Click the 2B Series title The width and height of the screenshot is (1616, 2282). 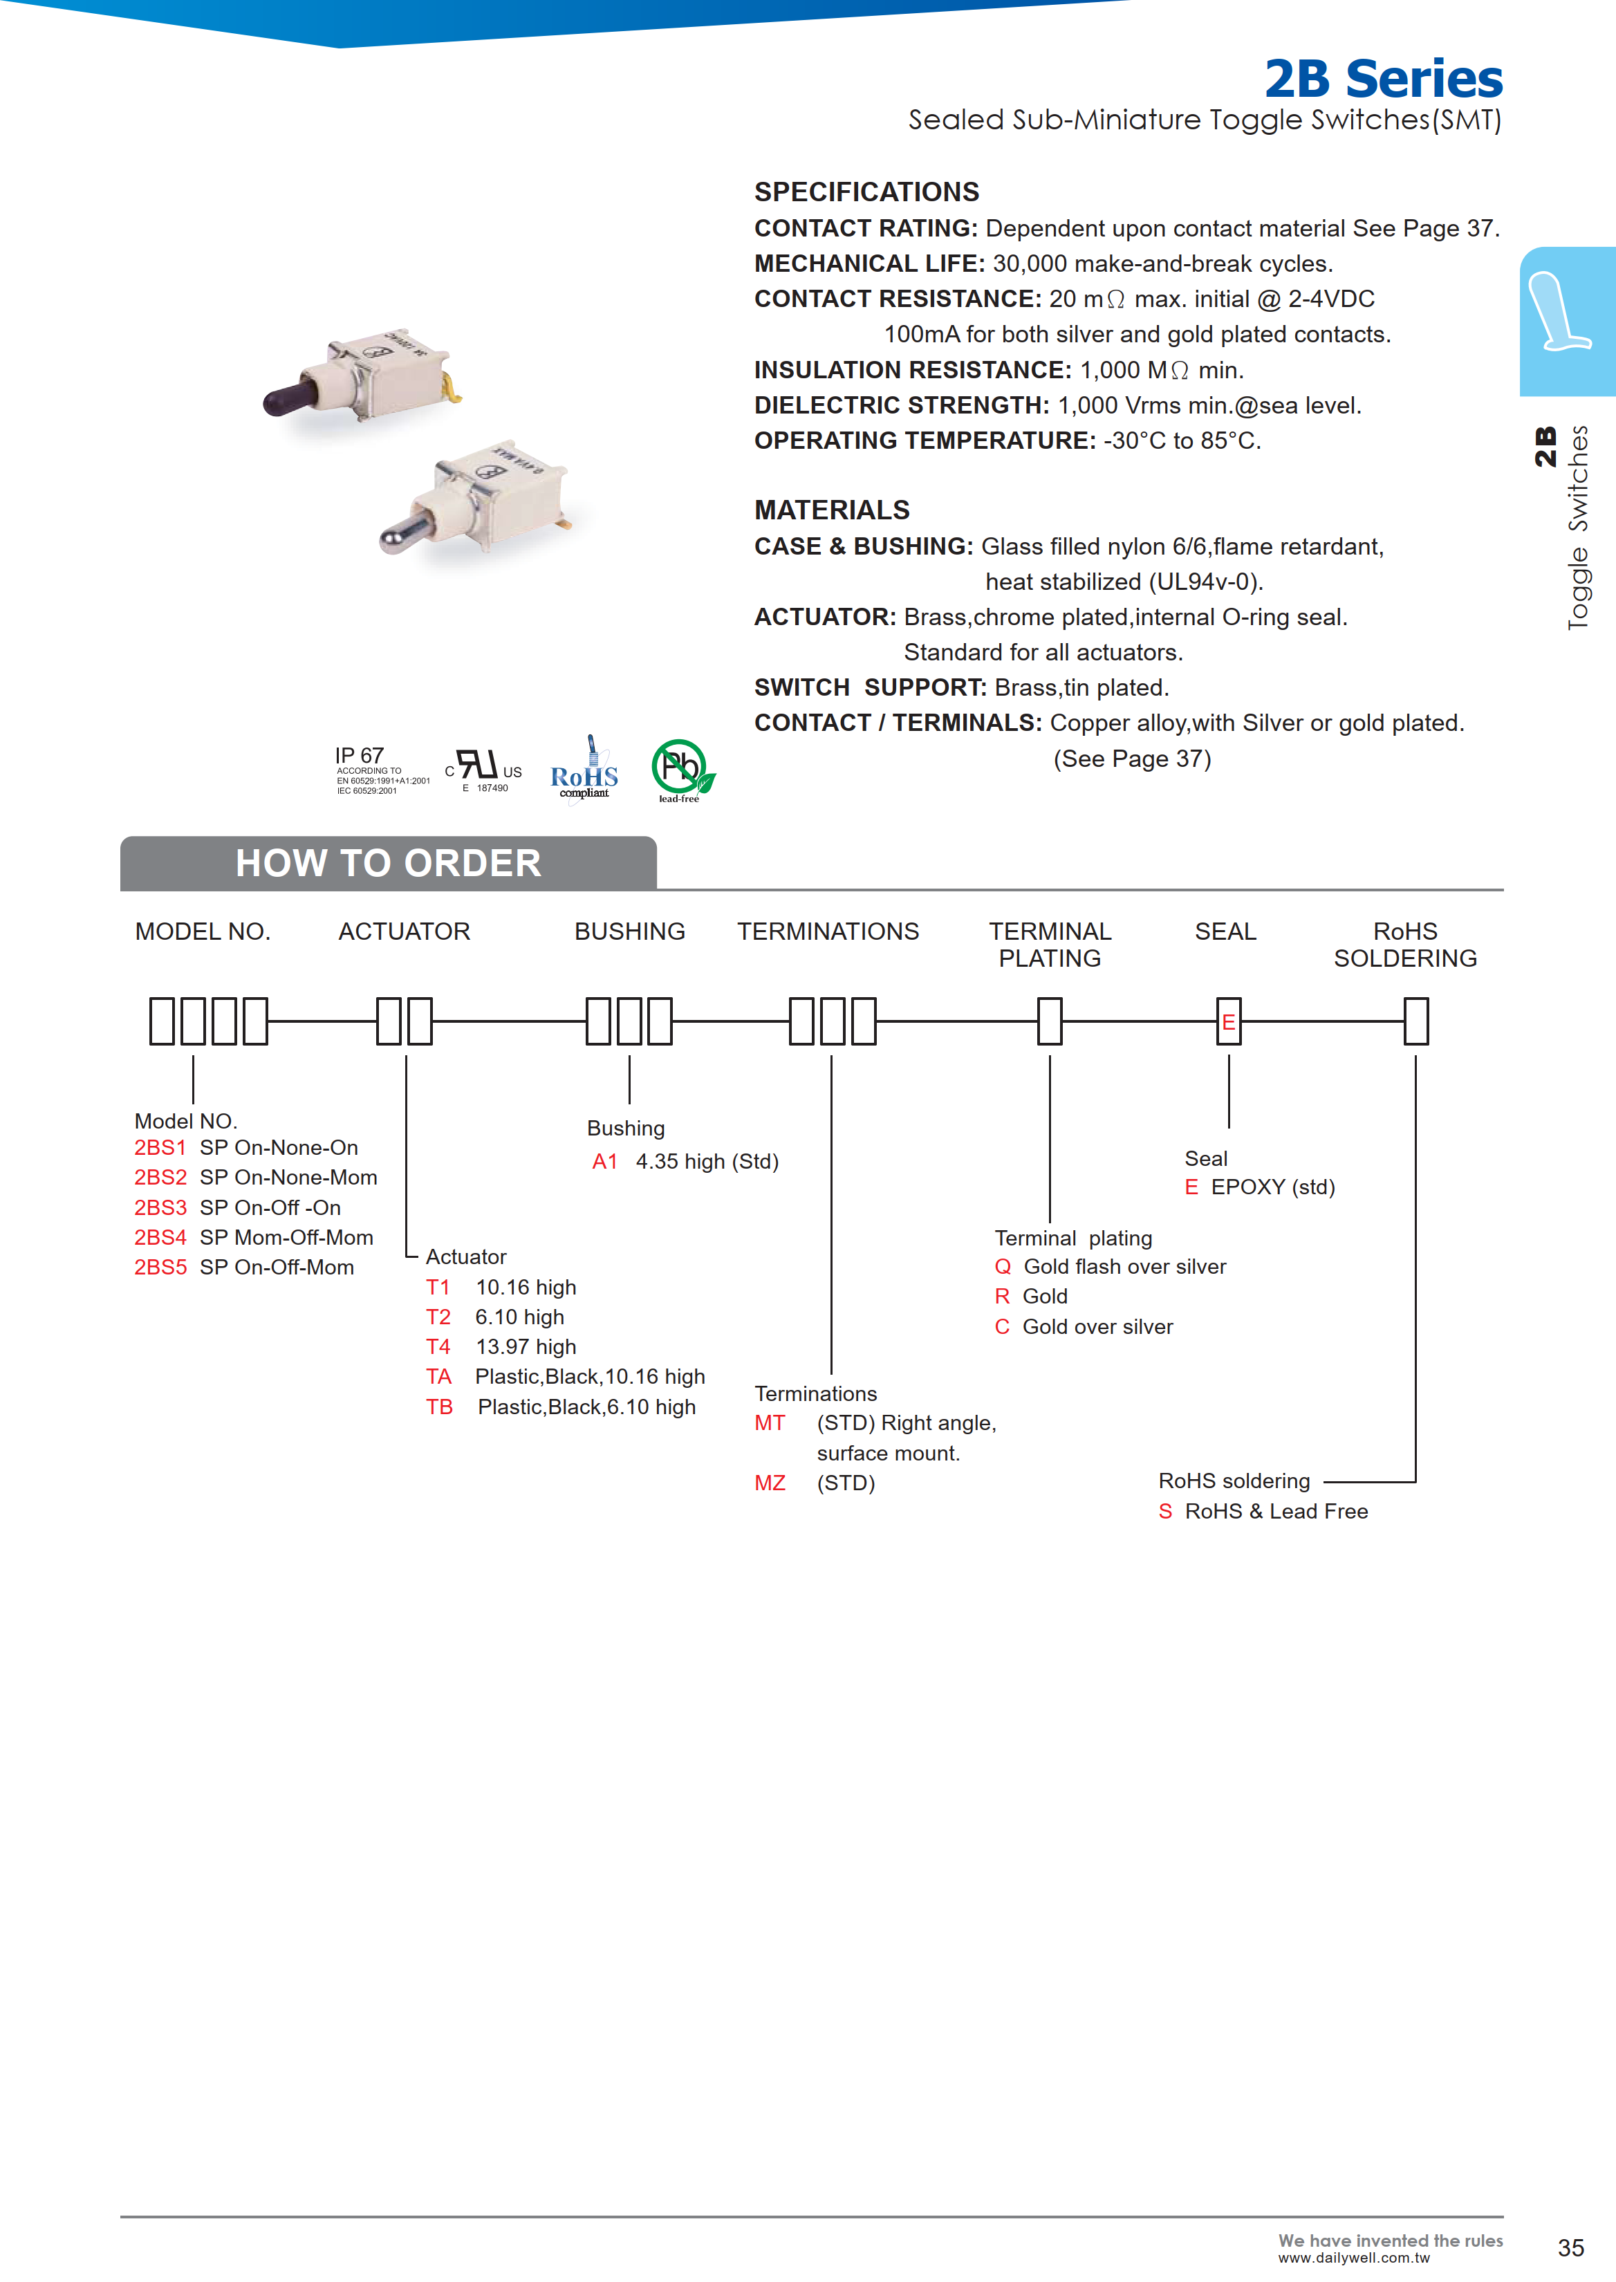1382,79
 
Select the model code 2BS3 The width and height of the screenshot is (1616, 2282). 160,1207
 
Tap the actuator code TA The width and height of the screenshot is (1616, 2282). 439,1376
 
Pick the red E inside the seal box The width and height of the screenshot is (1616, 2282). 1228,1022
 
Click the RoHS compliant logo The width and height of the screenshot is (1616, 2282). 584,771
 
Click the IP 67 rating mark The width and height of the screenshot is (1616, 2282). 359,755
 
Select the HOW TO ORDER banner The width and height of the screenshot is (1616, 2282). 388,863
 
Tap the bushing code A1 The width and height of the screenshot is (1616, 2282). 605,1162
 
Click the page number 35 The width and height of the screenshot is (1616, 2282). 1570,2247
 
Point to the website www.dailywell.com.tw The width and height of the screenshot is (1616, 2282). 1353,2258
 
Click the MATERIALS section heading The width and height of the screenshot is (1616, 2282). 832,510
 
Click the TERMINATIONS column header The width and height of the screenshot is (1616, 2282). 828,931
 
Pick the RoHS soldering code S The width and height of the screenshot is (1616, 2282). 1165,1512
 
